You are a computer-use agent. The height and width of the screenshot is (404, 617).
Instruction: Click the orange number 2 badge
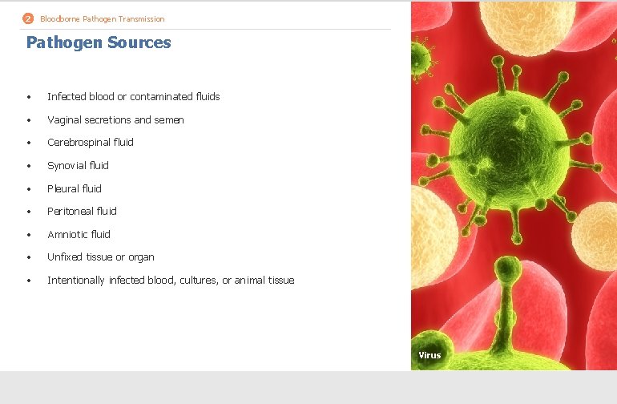click(x=28, y=18)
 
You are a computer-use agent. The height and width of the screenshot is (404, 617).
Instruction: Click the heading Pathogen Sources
click(x=99, y=42)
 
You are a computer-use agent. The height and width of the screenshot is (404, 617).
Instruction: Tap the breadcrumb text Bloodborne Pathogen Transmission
click(x=103, y=18)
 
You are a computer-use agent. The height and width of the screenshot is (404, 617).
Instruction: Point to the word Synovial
click(x=66, y=166)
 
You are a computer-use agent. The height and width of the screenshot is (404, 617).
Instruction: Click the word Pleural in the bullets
click(x=63, y=189)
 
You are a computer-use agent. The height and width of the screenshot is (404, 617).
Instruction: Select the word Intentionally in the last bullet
click(x=75, y=281)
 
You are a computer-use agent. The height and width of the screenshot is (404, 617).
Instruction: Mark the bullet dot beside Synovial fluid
click(x=28, y=166)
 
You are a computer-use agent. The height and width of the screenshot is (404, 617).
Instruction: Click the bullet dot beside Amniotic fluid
click(x=28, y=235)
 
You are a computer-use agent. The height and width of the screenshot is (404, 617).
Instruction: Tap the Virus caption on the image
click(x=429, y=355)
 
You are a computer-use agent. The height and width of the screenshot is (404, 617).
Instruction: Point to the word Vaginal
click(x=64, y=120)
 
